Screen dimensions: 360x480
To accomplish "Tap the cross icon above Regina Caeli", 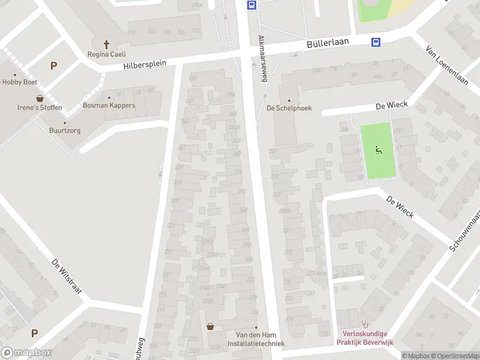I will coord(107,44).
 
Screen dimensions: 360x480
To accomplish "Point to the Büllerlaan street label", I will coord(332,44).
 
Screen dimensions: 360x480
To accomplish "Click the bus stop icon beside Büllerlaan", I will coord(376,42).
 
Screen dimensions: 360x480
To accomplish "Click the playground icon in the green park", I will coord(379,150).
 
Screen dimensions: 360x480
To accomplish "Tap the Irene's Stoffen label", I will coord(40,108).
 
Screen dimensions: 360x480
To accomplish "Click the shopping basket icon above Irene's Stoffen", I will coord(40,98).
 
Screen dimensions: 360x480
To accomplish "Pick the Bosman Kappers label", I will coord(109,106).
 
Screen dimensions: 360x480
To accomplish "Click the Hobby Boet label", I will coord(20,82).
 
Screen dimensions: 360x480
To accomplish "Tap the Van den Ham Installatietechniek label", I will coord(256,340).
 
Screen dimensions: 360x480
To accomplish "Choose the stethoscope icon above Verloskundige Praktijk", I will coord(365,323).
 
